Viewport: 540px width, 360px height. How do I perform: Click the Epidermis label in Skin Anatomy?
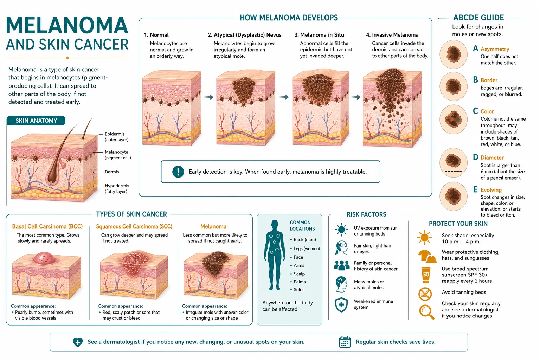116,137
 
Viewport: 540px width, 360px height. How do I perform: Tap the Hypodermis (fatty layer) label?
117,188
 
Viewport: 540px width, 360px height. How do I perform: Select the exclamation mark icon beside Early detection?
178,172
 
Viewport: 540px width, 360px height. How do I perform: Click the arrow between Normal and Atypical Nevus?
208,97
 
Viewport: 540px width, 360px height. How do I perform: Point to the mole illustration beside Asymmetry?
454,54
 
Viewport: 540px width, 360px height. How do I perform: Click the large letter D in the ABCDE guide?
475,157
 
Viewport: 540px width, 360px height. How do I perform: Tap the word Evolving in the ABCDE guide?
491,190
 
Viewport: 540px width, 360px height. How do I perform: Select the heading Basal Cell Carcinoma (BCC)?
47,226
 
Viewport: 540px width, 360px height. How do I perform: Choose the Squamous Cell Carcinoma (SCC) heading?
134,226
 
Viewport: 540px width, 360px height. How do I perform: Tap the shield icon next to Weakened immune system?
341,304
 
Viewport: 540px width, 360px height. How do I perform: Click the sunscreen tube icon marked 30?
426,275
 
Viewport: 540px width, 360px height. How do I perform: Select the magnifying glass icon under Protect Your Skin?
426,312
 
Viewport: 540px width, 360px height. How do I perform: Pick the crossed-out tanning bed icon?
425,294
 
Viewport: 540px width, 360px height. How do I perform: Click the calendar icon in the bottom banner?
345,342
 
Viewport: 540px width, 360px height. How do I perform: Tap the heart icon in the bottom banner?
78,342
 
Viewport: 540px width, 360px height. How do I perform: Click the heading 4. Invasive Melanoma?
392,35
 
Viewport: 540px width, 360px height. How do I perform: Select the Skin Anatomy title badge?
36,121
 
